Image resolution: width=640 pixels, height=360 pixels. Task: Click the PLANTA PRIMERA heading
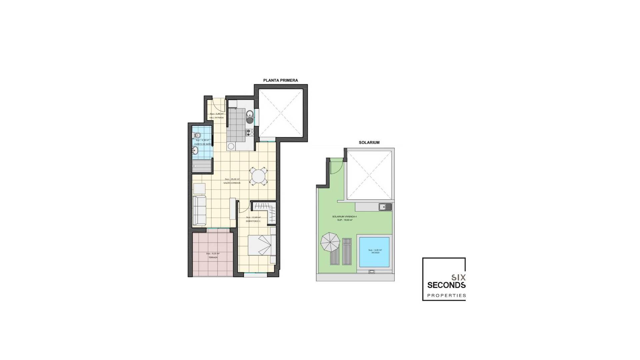(x=280, y=80)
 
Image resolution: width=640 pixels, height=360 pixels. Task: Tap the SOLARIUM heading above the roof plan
(x=369, y=142)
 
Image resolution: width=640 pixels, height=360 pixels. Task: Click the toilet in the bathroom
(x=197, y=135)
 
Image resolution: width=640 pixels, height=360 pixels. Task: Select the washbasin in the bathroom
(x=196, y=151)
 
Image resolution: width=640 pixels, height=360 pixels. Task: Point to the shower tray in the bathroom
(x=202, y=166)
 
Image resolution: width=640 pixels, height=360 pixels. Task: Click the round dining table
(x=258, y=176)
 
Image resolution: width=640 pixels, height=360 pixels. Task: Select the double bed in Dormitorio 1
(x=262, y=245)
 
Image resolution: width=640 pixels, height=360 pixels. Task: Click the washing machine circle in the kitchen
(x=231, y=146)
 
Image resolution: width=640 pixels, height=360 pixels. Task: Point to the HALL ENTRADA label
(x=217, y=118)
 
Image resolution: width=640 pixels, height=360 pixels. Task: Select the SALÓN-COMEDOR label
(x=232, y=183)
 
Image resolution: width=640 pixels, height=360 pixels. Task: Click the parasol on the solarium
(x=330, y=242)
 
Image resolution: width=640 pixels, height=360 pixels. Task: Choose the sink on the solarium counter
(x=385, y=207)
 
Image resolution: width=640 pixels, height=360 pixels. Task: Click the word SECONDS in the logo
(x=446, y=285)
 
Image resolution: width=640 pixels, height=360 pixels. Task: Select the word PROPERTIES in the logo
(x=446, y=295)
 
